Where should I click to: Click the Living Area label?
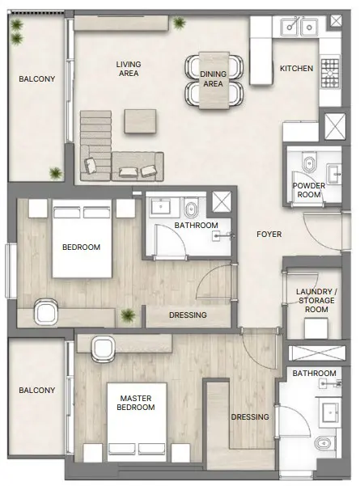click(128, 69)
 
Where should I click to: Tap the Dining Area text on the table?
click(212, 78)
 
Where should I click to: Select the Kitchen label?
click(296, 69)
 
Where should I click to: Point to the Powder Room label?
click(308, 190)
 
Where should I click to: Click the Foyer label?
click(269, 235)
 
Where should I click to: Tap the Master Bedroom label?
click(136, 404)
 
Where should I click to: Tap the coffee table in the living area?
click(137, 121)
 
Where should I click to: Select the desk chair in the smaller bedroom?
click(45, 311)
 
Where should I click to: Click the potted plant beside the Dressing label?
click(127, 315)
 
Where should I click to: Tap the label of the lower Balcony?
click(36, 391)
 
